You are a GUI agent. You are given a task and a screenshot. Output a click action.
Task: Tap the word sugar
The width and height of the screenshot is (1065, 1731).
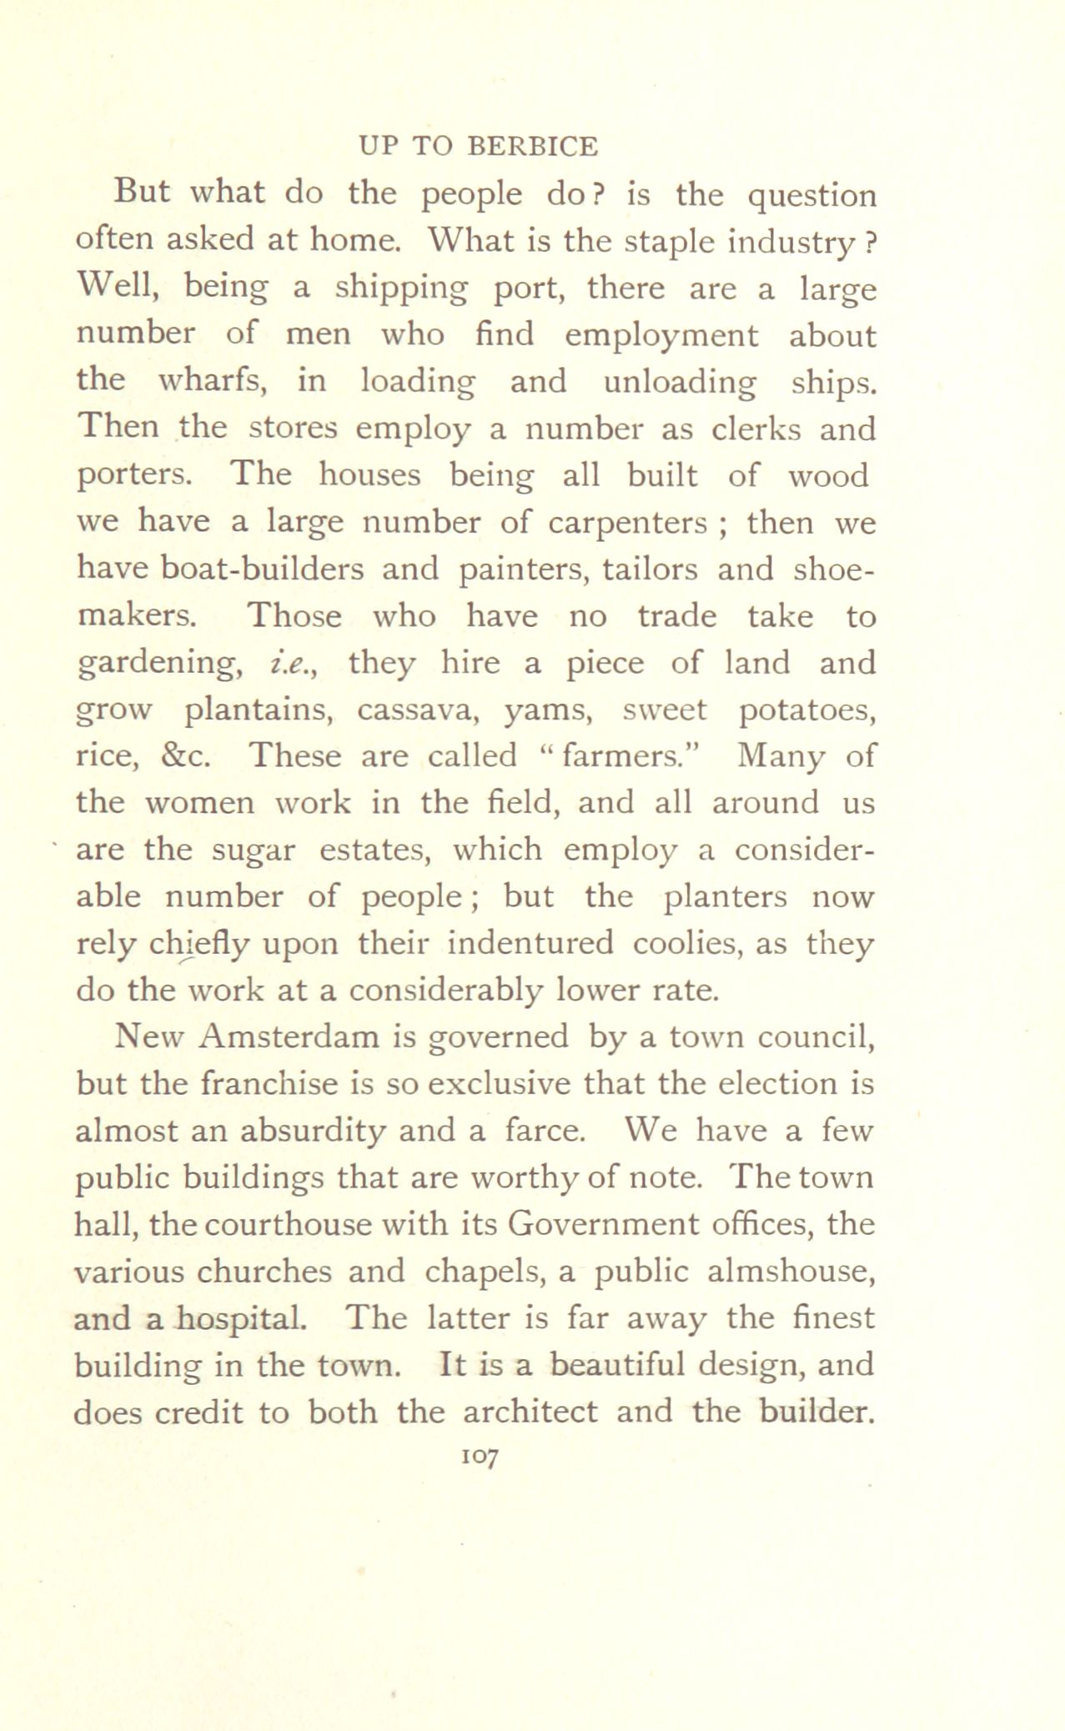pos(254,850)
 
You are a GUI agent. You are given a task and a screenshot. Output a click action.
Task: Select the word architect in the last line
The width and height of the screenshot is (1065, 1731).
pos(530,1412)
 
